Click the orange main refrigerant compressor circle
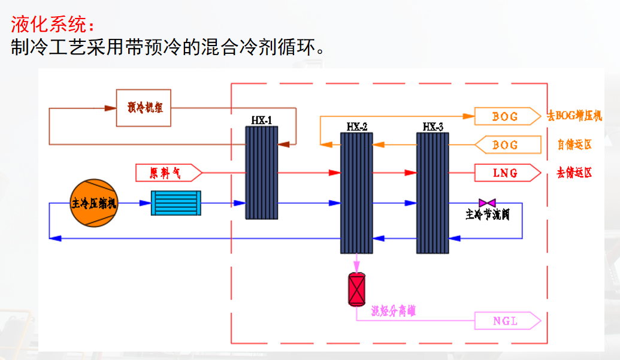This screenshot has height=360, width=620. pyautogui.click(x=95, y=203)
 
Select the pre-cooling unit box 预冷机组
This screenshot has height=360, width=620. pyautogui.click(x=144, y=108)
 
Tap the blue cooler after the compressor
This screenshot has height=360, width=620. pyautogui.click(x=176, y=203)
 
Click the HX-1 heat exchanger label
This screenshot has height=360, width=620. pyautogui.click(x=262, y=120)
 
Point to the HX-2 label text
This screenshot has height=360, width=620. pyautogui.click(x=357, y=127)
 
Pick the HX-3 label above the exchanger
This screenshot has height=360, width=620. pyautogui.click(x=433, y=127)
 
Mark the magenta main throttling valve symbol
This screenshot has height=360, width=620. pyautogui.click(x=483, y=203)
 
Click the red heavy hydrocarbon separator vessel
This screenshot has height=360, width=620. pyautogui.click(x=357, y=290)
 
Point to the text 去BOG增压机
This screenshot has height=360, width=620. pyautogui.click(x=574, y=116)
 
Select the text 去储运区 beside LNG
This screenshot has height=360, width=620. pyautogui.click(x=574, y=173)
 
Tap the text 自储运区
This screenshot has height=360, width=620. pyautogui.click(x=574, y=145)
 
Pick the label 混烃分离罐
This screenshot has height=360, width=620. pyautogui.click(x=393, y=311)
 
